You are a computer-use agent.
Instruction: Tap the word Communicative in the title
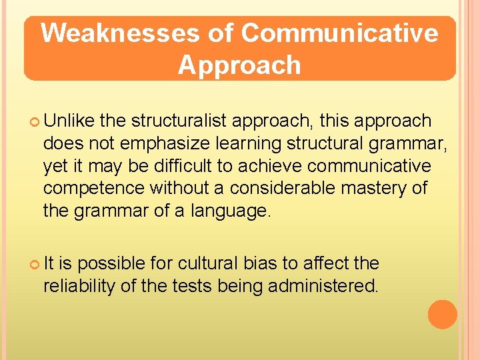click(x=340, y=33)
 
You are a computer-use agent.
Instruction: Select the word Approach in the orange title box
click(x=239, y=65)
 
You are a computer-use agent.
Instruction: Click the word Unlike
click(x=69, y=121)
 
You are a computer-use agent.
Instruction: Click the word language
click(x=231, y=212)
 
